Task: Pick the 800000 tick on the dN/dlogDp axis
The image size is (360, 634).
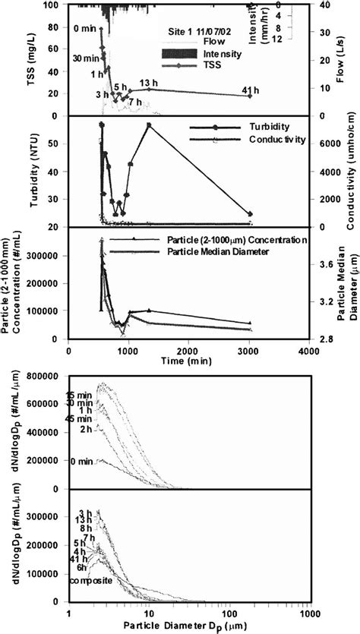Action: tap(46, 376)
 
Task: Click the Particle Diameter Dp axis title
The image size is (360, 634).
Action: tap(188, 626)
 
